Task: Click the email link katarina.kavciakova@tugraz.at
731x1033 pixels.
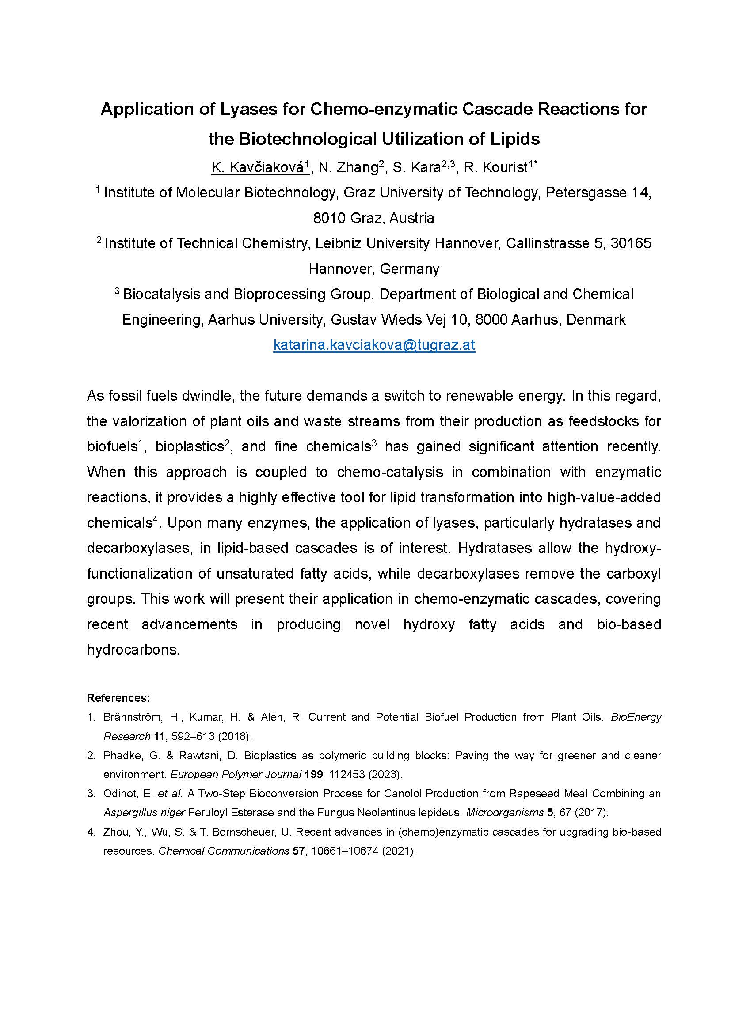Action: [374, 345]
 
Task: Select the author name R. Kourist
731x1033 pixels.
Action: [495, 167]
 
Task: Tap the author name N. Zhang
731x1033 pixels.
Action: [348, 167]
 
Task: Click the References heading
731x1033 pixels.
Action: [118, 698]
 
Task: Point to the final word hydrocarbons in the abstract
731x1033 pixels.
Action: [133, 650]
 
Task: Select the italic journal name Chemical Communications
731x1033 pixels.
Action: [224, 851]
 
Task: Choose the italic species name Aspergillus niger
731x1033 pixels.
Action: [144, 813]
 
